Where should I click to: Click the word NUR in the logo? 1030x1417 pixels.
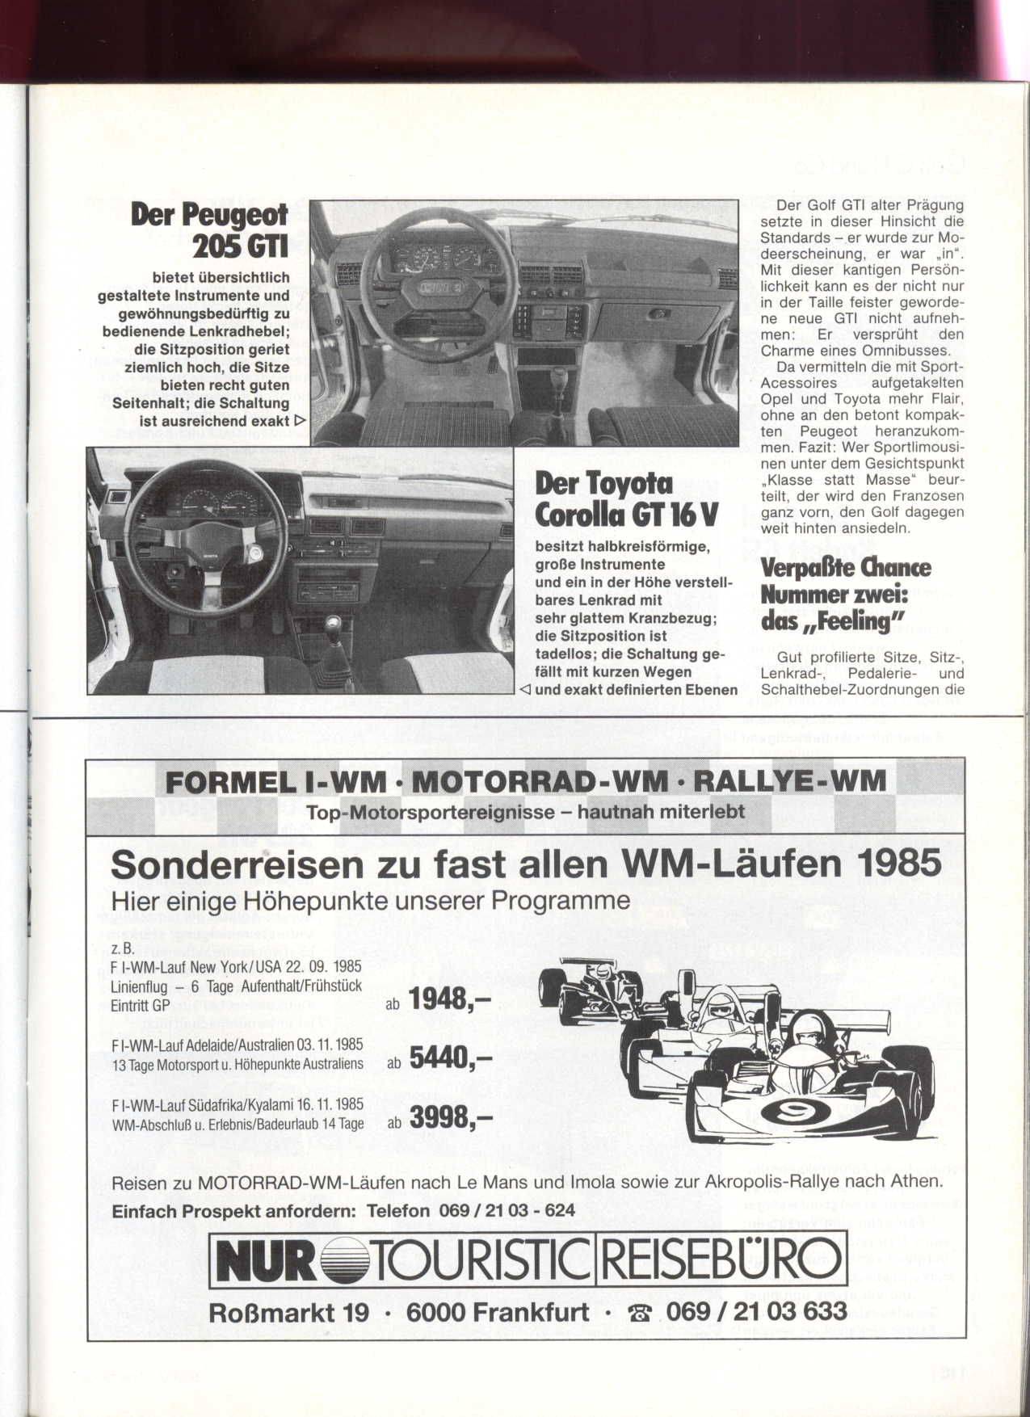click(266, 1261)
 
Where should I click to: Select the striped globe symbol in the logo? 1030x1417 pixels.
click(346, 1262)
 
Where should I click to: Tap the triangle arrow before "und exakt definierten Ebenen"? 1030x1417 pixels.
click(524, 690)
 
